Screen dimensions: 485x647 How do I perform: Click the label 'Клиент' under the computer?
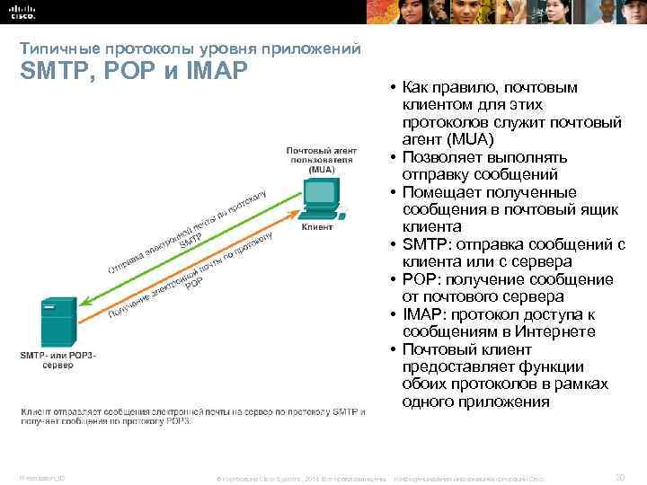tap(315, 229)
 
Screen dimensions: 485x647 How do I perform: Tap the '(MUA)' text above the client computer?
tap(321, 169)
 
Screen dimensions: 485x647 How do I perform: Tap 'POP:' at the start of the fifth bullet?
tap(421, 279)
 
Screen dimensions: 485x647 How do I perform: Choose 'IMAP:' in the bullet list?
tap(426, 314)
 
